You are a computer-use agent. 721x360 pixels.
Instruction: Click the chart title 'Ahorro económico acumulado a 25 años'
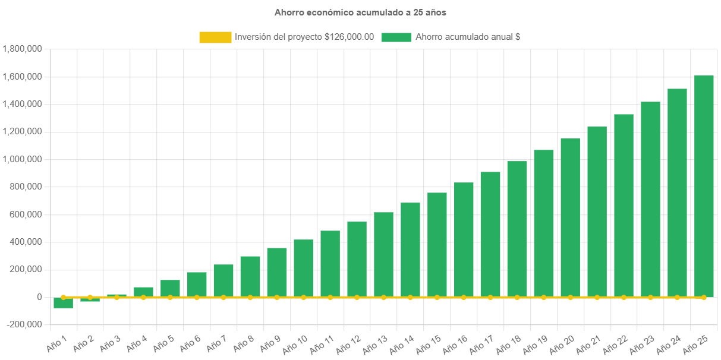tap(360, 12)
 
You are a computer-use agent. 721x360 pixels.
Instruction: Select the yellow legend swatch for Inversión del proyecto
tap(215, 37)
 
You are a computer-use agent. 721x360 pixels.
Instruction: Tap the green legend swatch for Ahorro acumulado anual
tap(396, 37)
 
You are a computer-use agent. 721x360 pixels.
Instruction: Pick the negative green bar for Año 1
tap(63, 303)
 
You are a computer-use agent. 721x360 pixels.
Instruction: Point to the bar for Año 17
tap(490, 234)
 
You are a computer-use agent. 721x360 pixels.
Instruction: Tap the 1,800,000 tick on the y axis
tap(22, 49)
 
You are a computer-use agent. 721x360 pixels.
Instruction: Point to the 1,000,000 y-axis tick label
tap(22, 159)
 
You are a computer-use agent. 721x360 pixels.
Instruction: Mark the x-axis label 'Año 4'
tap(136, 343)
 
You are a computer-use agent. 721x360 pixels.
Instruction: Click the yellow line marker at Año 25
tap(704, 297)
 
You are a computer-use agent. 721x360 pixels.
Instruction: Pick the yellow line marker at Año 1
tap(63, 297)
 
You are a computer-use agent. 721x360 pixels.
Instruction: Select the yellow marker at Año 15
tap(437, 297)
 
